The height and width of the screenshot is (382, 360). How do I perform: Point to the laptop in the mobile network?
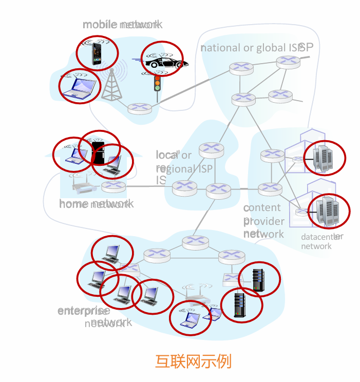[x=78, y=88]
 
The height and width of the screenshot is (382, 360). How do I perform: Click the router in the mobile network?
[x=139, y=108]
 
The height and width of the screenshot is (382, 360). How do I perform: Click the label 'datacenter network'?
[x=321, y=241]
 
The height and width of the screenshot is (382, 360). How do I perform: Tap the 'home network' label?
[x=96, y=204]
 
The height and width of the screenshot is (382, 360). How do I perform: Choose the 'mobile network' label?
[x=122, y=24]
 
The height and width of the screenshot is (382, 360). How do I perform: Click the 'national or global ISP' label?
[x=256, y=48]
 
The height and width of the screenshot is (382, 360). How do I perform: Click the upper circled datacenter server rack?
[x=324, y=157]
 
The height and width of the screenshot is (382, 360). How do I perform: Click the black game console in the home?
[x=98, y=152]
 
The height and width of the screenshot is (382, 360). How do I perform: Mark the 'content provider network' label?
[x=263, y=221]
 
